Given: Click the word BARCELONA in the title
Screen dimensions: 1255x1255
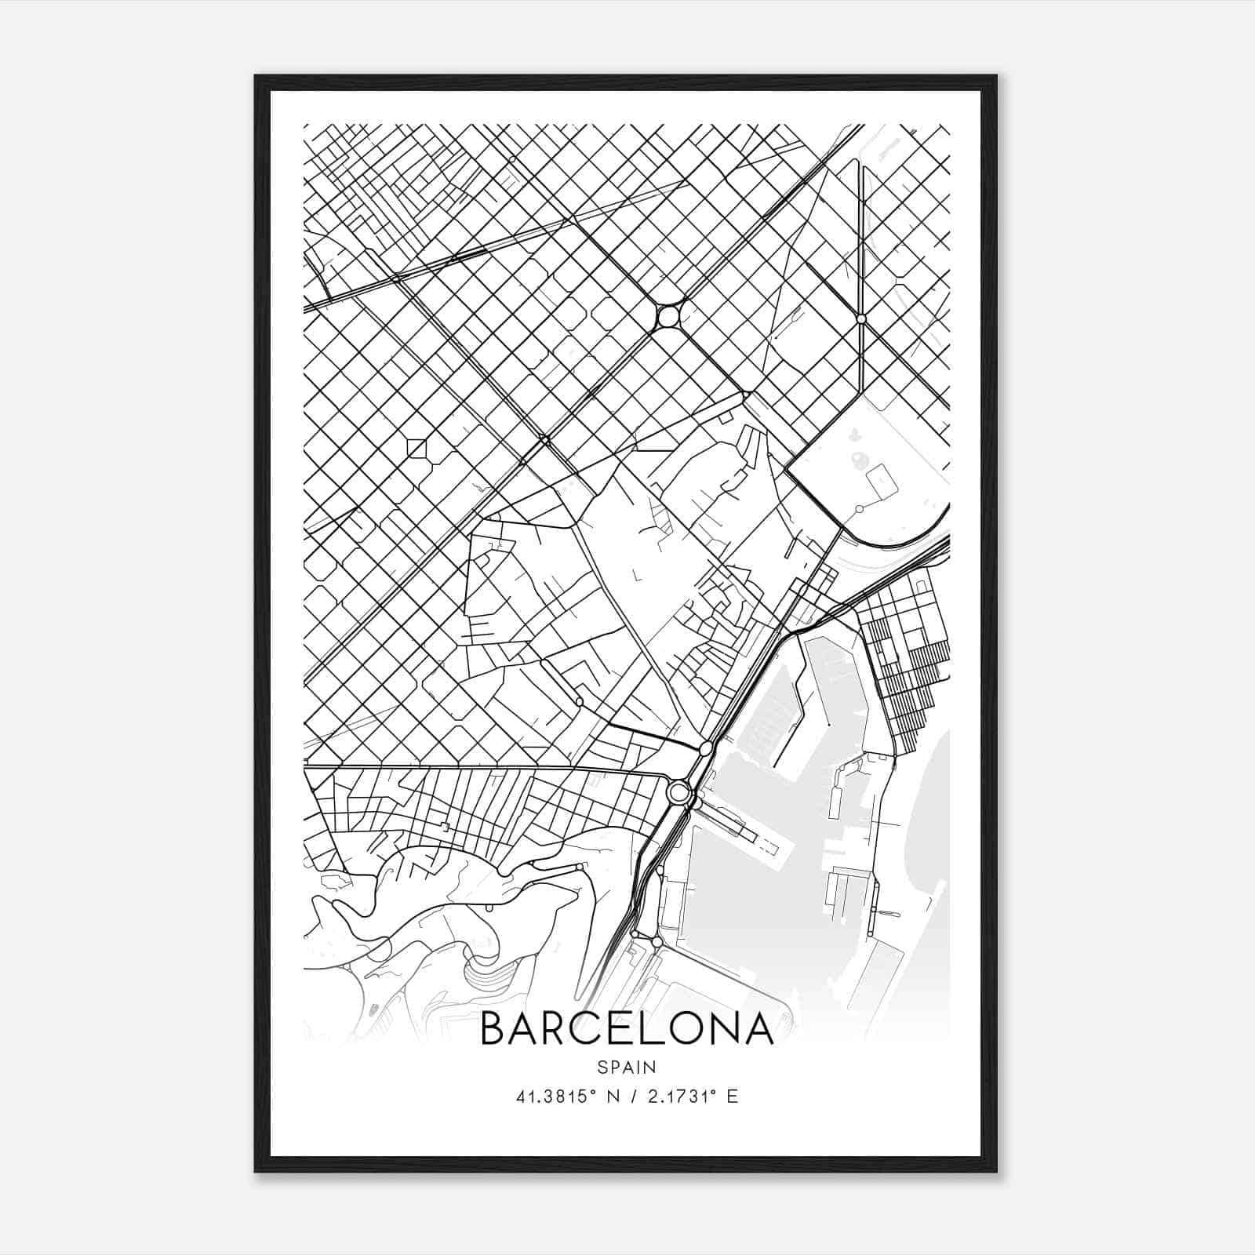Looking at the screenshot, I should pyautogui.click(x=627, y=1028).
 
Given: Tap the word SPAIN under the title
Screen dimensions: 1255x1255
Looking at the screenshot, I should pyautogui.click(x=627, y=1067).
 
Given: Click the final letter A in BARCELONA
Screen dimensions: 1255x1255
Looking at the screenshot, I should pyautogui.click(x=758, y=1028).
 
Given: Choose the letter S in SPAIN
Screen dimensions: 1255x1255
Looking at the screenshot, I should pyautogui.click(x=602, y=1067).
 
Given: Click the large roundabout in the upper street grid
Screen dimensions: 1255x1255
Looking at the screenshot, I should pyautogui.click(x=668, y=318).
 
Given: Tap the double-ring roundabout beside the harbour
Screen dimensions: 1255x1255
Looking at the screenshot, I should pyautogui.click(x=678, y=792).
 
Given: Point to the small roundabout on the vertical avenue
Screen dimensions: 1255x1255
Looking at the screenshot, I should pyautogui.click(x=861, y=319).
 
